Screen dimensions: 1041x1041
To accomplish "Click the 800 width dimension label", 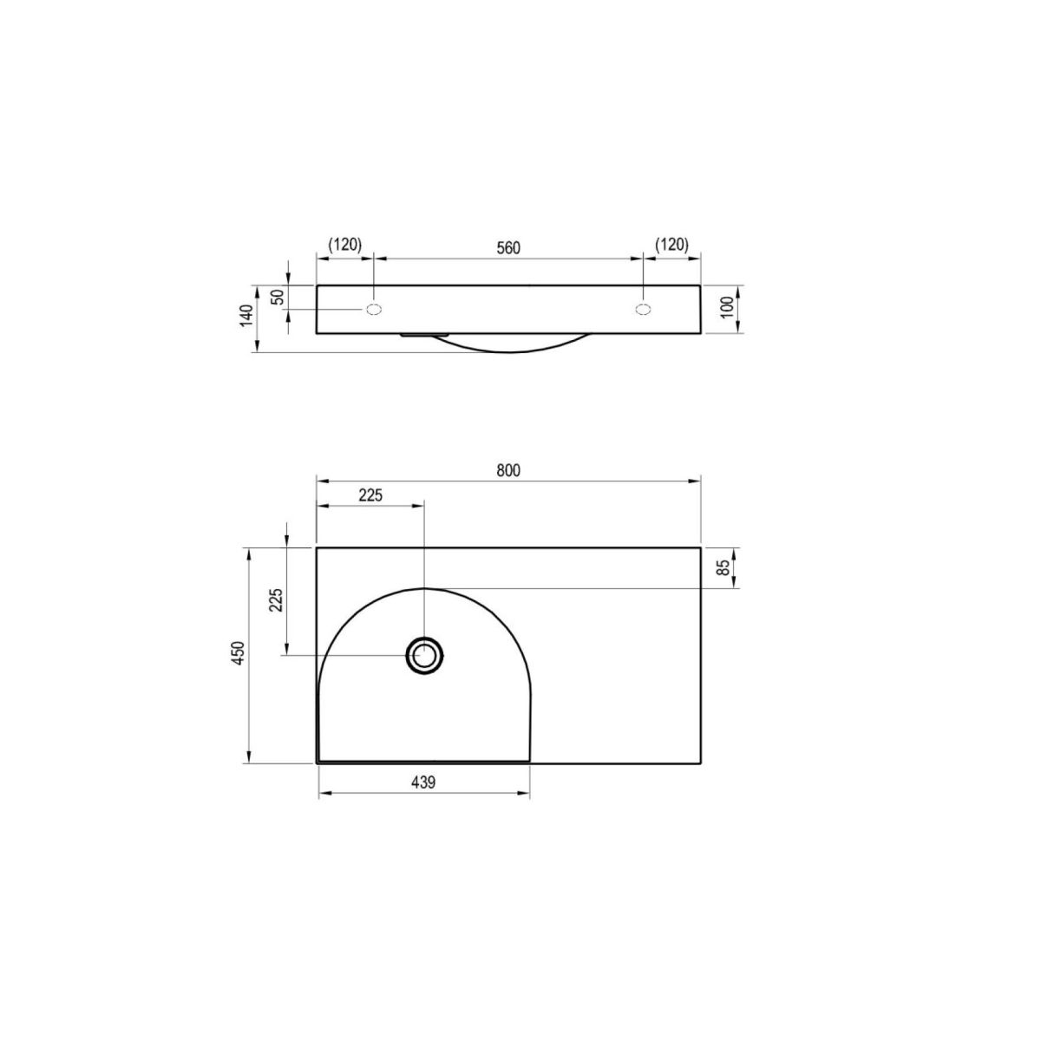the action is pos(507,470).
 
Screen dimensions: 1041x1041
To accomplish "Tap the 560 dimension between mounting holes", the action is pos(507,248).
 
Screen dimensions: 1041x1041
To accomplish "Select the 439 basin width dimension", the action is pos(423,782).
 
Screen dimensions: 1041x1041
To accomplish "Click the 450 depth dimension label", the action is pos(239,653).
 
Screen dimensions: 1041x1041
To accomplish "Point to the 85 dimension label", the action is pos(723,566).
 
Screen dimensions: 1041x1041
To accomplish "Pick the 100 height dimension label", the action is pos(727,307).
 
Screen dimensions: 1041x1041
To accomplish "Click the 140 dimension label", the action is pos(246,316).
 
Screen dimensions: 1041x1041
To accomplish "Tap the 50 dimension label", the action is pos(277,298).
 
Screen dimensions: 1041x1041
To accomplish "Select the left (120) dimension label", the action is pos(344,245).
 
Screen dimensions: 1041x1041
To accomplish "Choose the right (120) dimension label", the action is pos(671,245).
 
